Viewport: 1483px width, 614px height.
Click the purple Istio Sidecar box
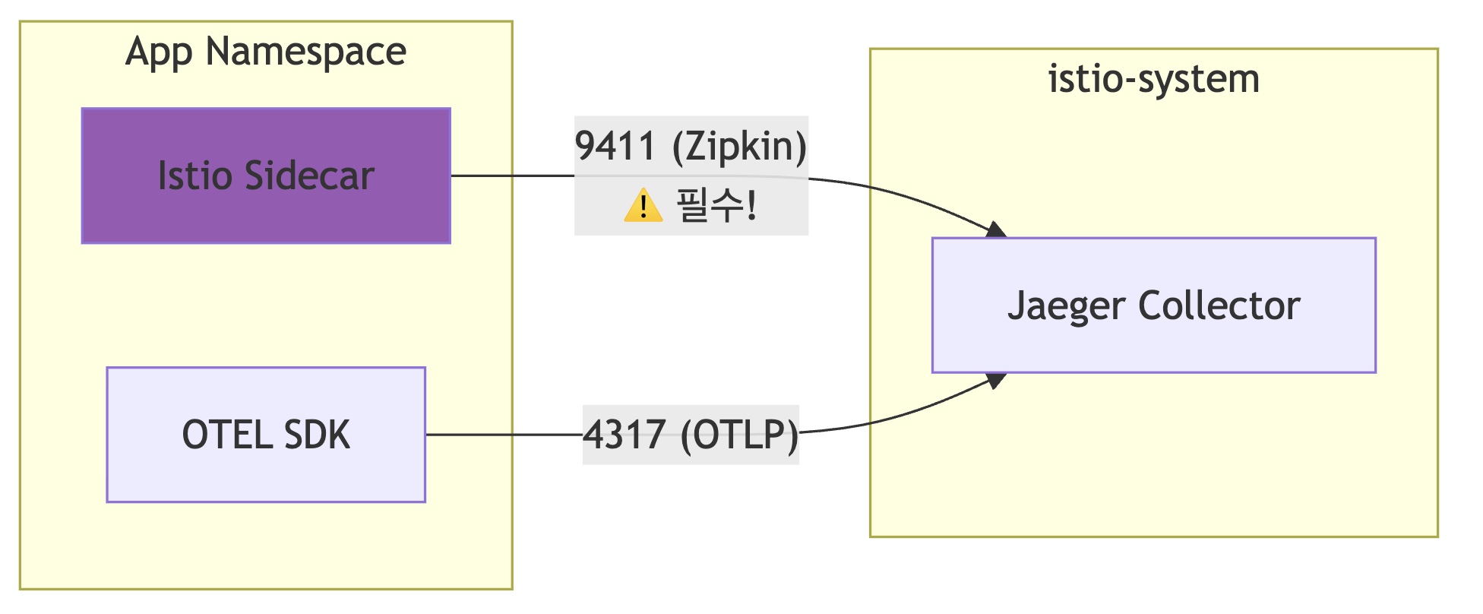266,176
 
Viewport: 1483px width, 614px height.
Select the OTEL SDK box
266,435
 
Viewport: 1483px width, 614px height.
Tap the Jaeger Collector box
1153,305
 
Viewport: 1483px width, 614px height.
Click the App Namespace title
266,52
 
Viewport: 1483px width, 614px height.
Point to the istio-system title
1153,79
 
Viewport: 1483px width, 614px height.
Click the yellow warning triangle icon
643,205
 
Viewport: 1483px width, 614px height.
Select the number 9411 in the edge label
615,146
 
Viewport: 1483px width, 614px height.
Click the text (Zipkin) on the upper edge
739,146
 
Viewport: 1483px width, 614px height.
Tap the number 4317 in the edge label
625,435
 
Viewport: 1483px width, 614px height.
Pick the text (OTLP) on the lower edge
739,435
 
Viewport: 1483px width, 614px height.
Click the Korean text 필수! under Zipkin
716,205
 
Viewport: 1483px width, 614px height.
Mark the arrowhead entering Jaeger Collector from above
996,230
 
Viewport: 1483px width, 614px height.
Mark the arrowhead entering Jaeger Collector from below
996,380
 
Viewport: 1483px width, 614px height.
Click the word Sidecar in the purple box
309,176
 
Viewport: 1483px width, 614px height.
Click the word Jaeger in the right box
1066,305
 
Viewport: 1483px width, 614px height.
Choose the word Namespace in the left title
305,52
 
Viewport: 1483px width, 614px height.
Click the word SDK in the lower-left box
317,435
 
